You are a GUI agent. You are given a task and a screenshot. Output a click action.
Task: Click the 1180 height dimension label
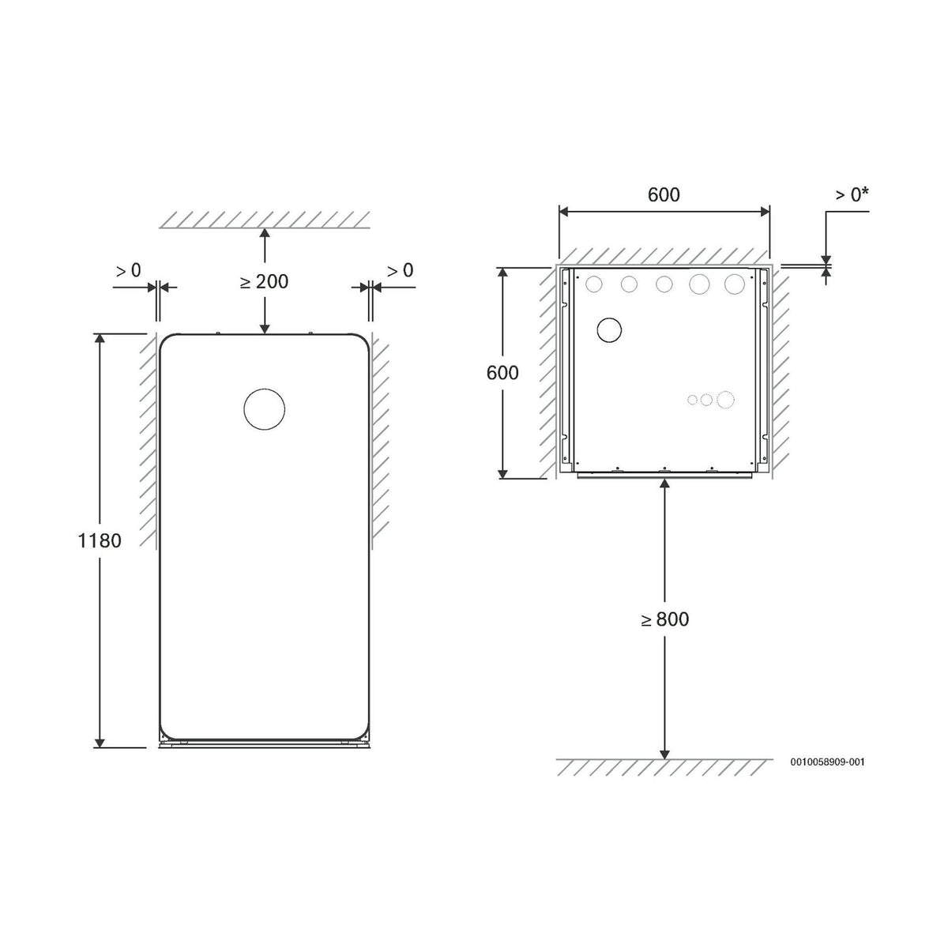coord(100,540)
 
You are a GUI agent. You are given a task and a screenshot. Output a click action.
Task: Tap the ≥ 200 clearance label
coord(264,282)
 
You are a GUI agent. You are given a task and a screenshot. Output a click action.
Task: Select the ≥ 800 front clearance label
coord(664,619)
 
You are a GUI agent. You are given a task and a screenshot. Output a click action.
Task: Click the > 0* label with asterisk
coord(852,195)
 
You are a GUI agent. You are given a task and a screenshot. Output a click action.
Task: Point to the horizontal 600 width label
coord(664,195)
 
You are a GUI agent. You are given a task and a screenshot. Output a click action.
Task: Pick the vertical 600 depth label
coord(502,373)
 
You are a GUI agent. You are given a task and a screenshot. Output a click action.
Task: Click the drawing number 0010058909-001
coord(827,762)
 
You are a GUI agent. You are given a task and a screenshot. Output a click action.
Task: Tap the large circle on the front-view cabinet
coord(264,389)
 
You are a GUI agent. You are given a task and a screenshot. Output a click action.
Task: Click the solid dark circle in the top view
coord(609,318)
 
